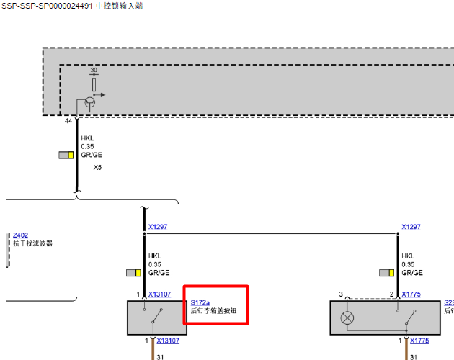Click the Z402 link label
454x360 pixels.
(x=20, y=235)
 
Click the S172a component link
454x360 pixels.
(x=200, y=302)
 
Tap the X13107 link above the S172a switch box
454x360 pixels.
(x=159, y=294)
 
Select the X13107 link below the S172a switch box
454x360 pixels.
(x=168, y=341)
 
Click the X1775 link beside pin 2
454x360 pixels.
(x=411, y=294)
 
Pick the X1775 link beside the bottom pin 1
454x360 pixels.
(x=419, y=341)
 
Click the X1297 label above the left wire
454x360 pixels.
(x=158, y=227)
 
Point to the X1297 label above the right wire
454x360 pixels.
(x=411, y=227)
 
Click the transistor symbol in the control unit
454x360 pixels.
(x=90, y=102)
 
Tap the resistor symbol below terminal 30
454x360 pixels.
(x=94, y=85)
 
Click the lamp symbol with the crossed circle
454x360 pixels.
(x=347, y=318)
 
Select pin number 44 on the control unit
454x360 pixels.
(x=68, y=121)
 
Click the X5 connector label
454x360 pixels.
(x=97, y=168)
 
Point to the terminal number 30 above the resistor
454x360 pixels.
(x=94, y=70)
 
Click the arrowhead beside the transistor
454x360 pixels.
(x=103, y=95)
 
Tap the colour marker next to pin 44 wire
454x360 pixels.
(x=66, y=155)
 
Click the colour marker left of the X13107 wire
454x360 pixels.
(x=133, y=273)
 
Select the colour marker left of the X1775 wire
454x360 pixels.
(x=386, y=273)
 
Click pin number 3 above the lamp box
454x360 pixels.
(x=341, y=294)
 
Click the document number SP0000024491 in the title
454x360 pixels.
(x=66, y=6)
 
